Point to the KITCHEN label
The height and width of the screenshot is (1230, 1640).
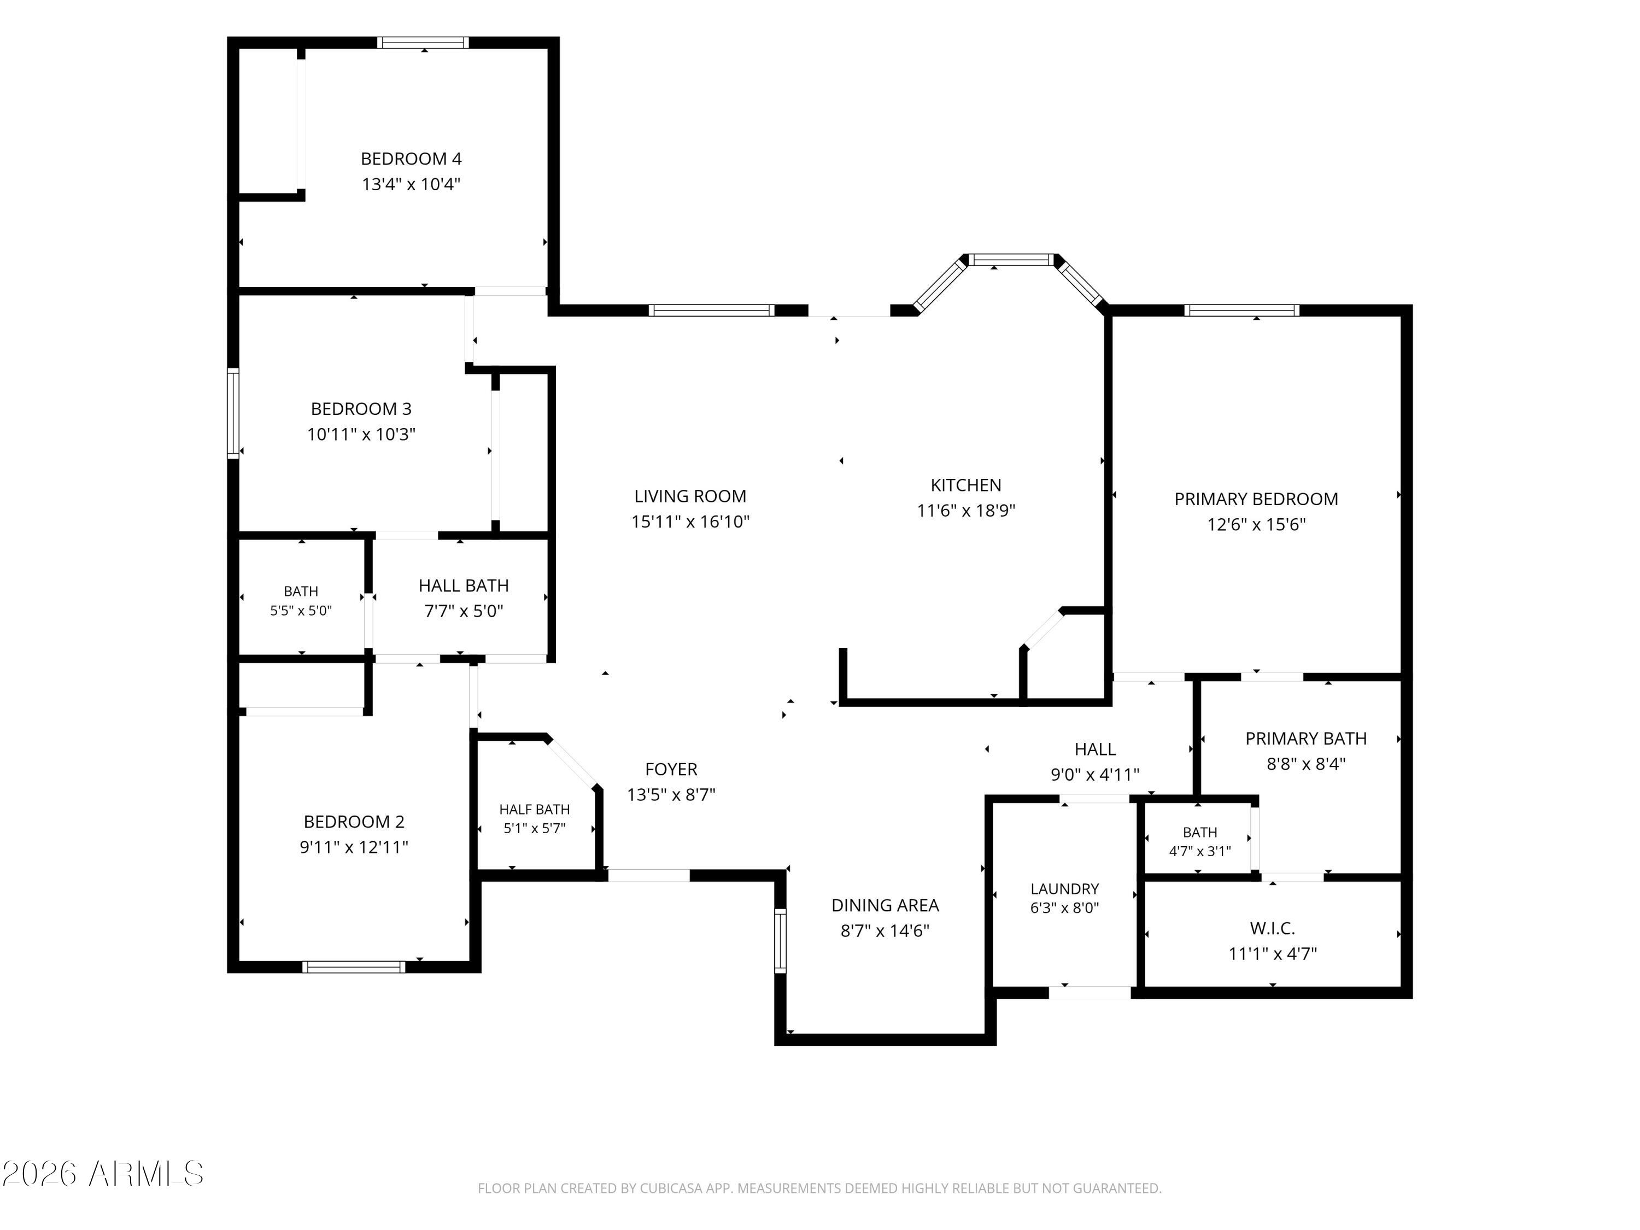pyautogui.click(x=965, y=485)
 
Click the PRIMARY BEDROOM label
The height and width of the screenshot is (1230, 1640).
pyautogui.click(x=1256, y=499)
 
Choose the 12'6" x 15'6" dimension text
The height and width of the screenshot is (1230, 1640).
pyautogui.click(x=1256, y=524)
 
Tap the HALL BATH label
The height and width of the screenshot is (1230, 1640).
pyautogui.click(x=464, y=585)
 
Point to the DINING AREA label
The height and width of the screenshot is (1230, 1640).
pyautogui.click(x=885, y=905)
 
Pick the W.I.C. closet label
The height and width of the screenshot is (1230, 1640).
pyautogui.click(x=1272, y=928)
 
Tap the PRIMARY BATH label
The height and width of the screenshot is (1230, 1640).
pyautogui.click(x=1305, y=739)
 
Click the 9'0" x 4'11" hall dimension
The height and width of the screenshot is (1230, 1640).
pyautogui.click(x=1094, y=775)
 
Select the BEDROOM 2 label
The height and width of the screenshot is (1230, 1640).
pyautogui.click(x=354, y=822)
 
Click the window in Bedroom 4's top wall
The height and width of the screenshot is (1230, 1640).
pyautogui.click(x=423, y=42)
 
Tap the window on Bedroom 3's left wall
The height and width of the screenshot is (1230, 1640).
pyautogui.click(x=233, y=413)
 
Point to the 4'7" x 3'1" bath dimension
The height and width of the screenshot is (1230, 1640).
pyautogui.click(x=1199, y=851)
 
